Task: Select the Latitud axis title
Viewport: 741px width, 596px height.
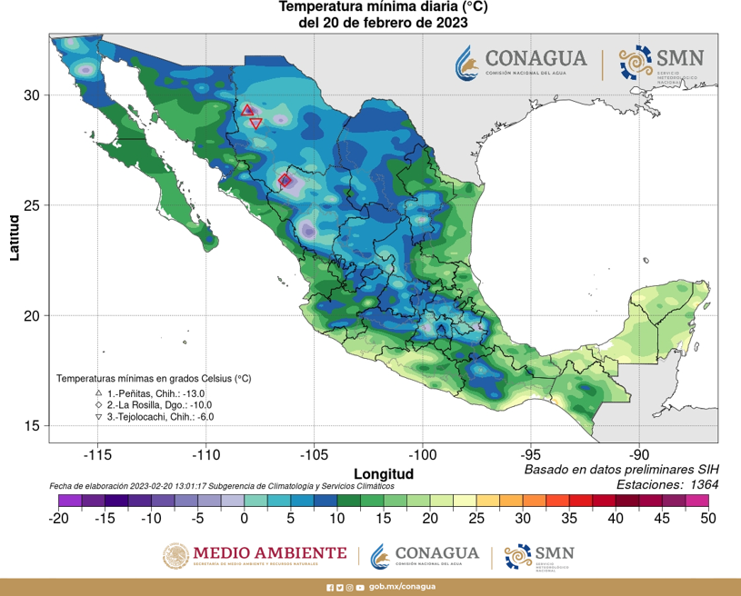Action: tap(14, 237)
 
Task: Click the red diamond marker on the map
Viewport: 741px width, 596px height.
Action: tap(285, 180)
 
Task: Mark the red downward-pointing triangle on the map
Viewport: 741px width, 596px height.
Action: tap(255, 123)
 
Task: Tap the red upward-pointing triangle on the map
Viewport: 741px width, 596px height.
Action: tap(247, 110)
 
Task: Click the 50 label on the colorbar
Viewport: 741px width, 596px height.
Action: tap(707, 518)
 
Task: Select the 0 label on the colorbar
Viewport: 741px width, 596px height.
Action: tap(244, 518)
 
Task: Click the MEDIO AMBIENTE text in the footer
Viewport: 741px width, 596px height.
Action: tap(270, 552)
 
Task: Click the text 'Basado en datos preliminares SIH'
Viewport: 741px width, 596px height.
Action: tap(621, 470)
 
